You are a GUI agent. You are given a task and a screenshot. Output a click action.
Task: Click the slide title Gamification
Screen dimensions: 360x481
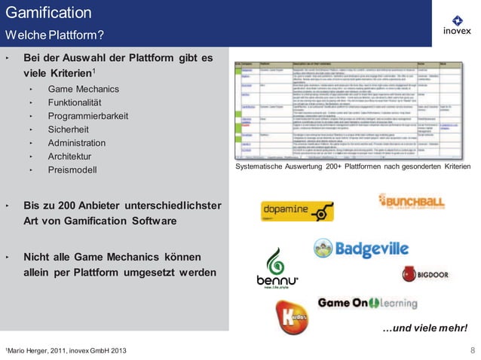[x=49, y=13]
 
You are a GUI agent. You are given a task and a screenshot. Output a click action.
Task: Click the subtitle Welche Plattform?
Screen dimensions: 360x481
[x=54, y=35]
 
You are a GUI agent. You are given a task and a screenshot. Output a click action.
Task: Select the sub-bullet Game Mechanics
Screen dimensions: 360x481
[x=84, y=90]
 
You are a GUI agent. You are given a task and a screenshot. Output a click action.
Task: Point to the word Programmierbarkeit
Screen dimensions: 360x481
[x=88, y=117]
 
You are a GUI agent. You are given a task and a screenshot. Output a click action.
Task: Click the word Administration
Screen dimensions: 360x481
[x=80, y=143]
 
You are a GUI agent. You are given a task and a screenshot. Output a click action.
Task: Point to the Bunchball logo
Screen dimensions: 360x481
[x=411, y=201]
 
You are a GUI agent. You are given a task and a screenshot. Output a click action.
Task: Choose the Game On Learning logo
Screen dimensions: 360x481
[x=367, y=303]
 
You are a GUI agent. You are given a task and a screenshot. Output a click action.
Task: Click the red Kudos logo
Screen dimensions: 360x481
[x=292, y=317]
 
